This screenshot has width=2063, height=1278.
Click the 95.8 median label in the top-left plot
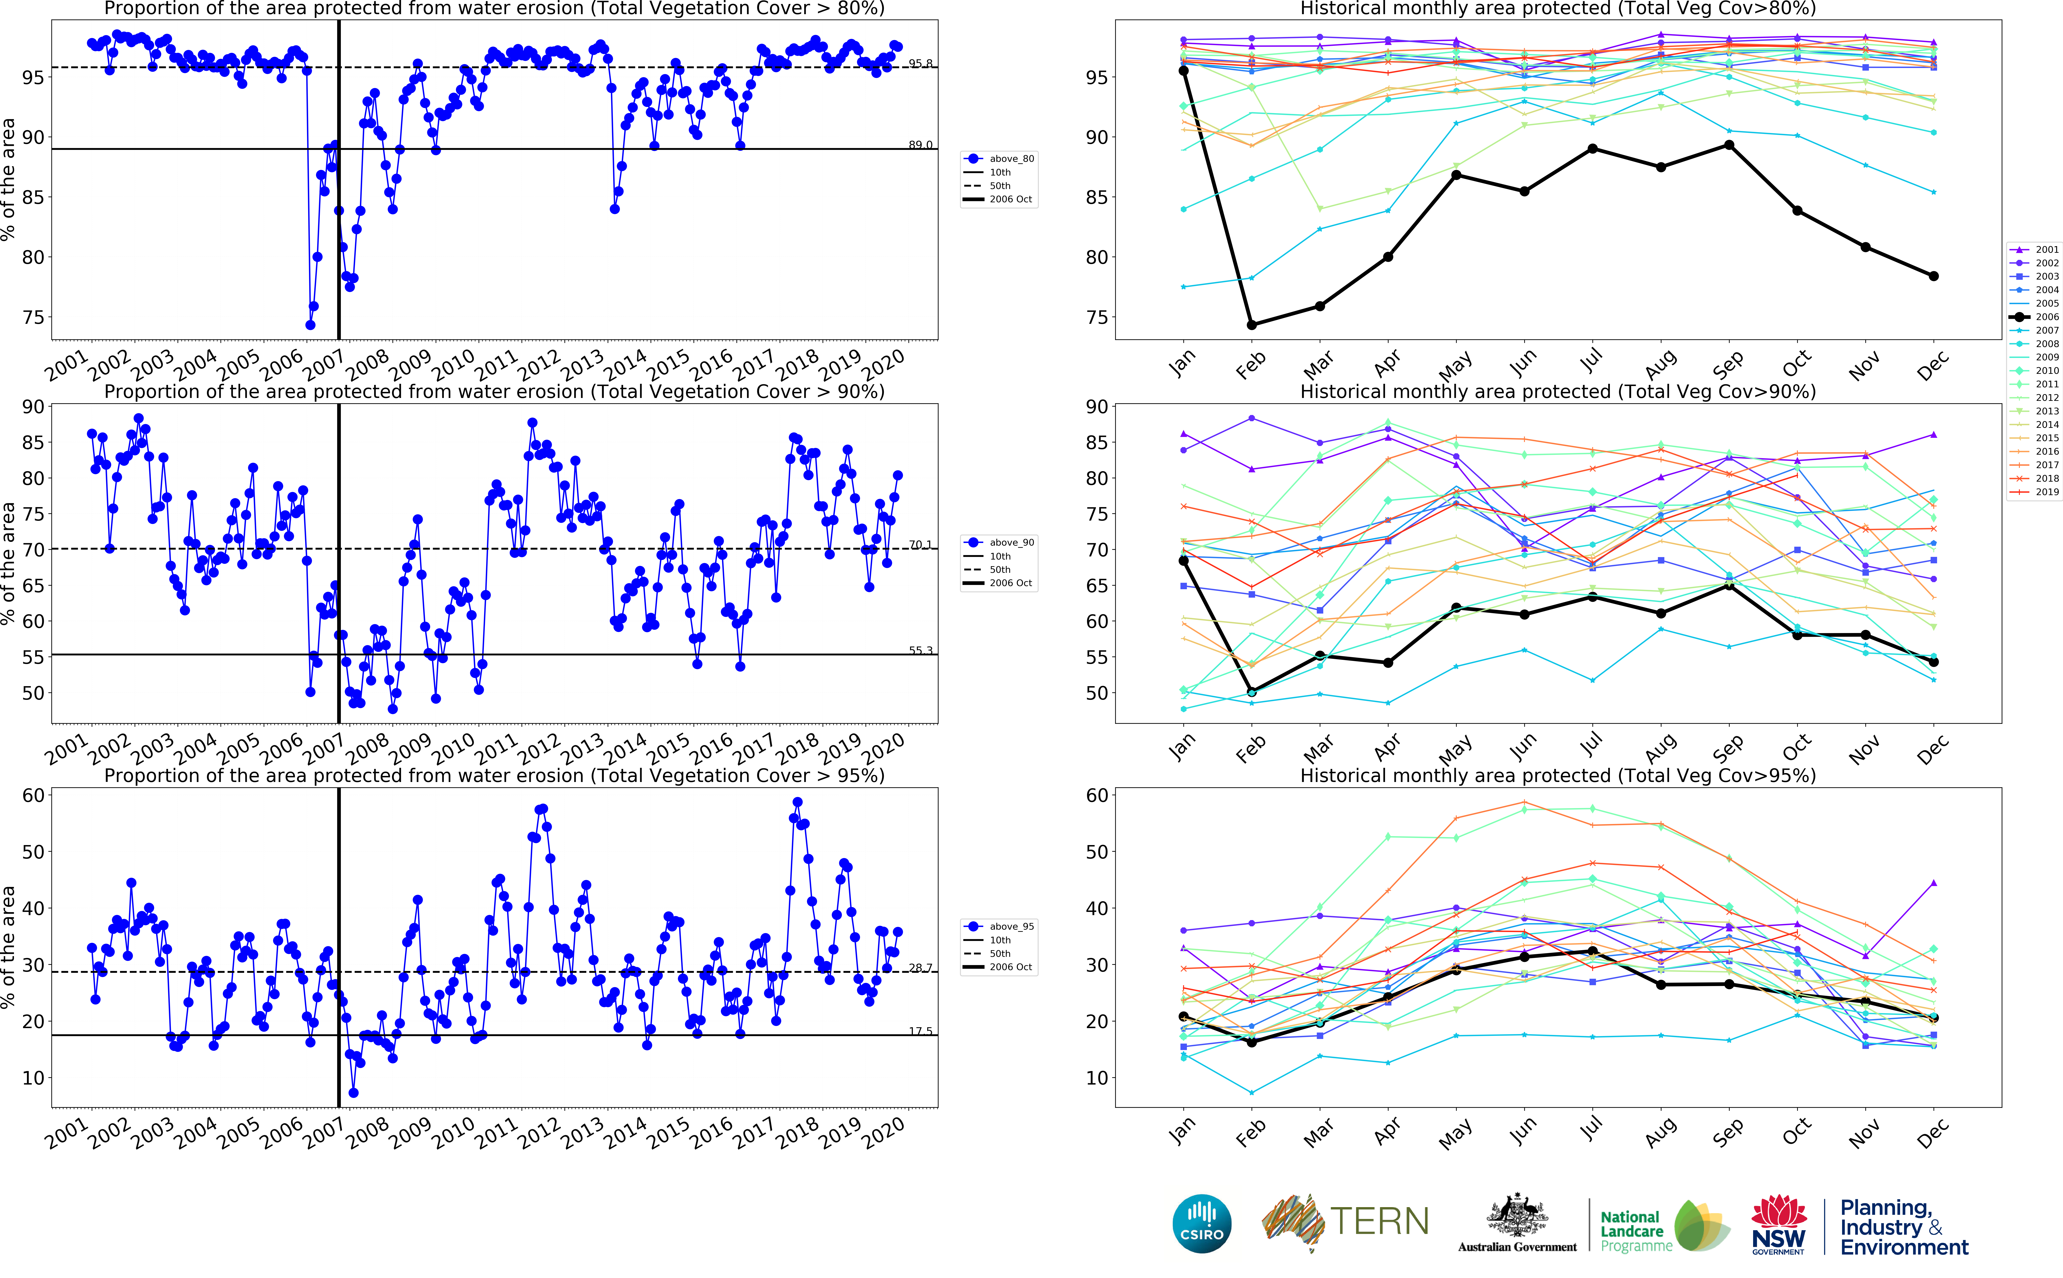920,63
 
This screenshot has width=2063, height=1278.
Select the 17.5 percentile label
920,1031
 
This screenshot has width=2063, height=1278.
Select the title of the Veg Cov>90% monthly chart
1558,391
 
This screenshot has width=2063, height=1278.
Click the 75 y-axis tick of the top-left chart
33,318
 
